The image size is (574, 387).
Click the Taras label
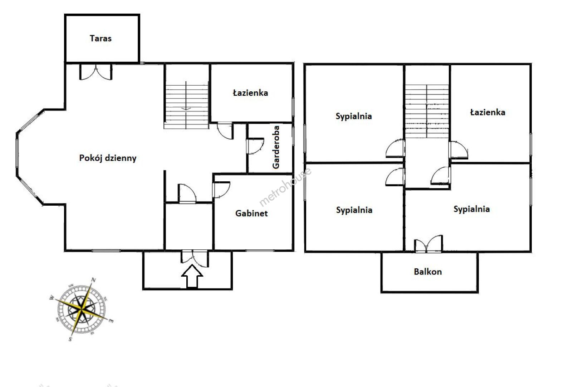101,38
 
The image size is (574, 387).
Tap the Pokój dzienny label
108,158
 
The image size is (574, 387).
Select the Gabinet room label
251,214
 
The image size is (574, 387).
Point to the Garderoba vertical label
276,147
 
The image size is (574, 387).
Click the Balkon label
428,272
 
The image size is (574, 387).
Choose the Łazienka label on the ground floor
250,93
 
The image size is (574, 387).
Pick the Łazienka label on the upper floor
488,112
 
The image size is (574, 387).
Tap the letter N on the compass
94,280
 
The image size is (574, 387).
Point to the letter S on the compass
70,339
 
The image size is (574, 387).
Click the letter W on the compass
52,298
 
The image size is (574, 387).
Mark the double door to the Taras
95,72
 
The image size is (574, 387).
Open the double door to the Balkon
428,244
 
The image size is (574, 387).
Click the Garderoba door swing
255,146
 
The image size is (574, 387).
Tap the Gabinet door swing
221,190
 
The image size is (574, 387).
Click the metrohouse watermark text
285,187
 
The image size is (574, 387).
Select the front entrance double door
195,258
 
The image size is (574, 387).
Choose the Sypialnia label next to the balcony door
471,209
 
